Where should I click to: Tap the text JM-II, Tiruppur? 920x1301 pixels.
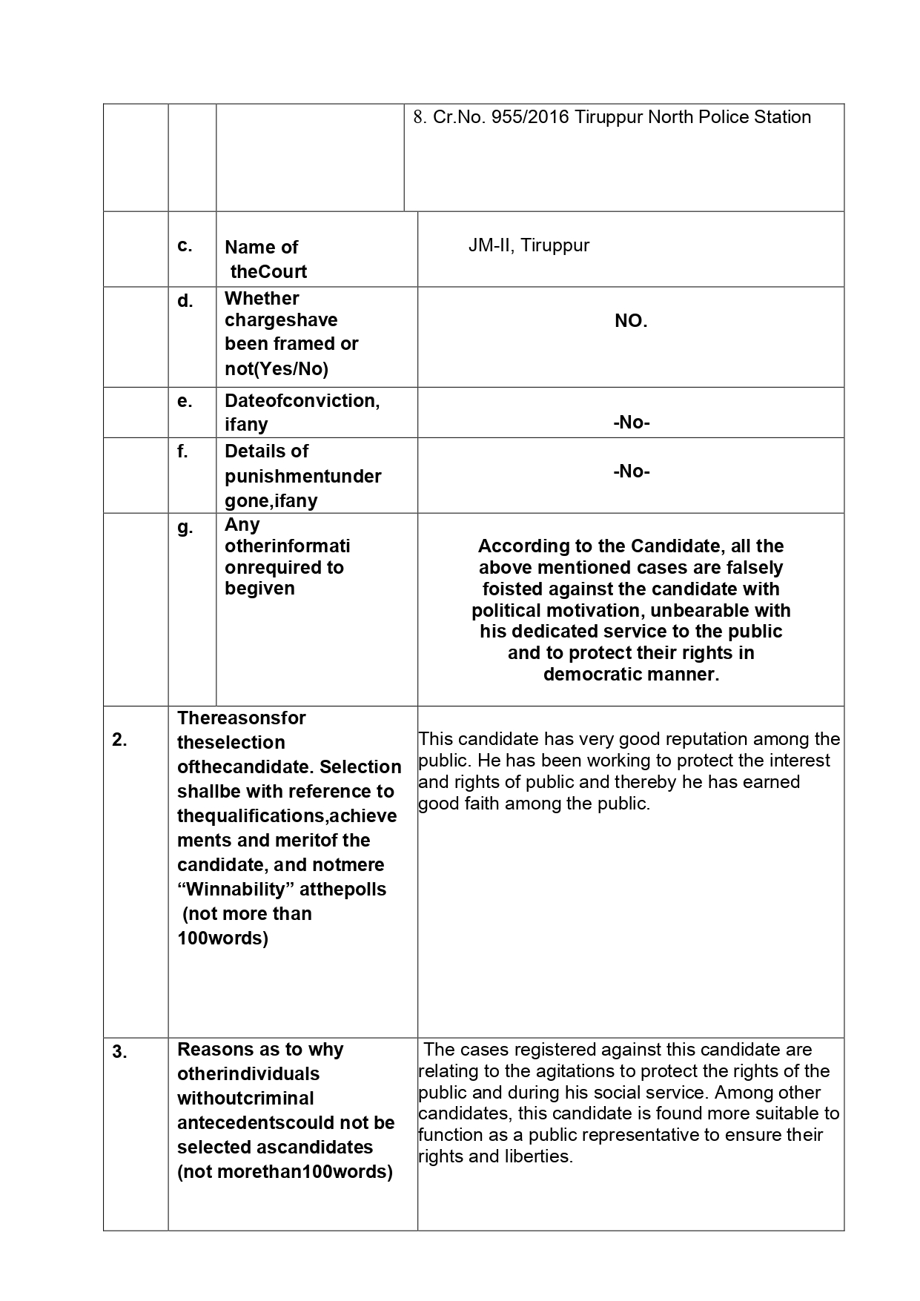point(529,245)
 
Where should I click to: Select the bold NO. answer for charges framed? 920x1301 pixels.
point(631,321)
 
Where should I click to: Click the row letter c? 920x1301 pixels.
point(185,245)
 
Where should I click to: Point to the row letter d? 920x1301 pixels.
point(185,301)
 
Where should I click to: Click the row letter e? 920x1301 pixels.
point(185,401)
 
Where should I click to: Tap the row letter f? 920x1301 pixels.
point(182,451)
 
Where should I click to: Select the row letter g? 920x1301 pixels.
point(185,527)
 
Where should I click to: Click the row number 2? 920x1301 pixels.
point(119,739)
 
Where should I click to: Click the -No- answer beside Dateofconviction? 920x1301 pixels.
point(631,423)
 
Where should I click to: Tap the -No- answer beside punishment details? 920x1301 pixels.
point(631,471)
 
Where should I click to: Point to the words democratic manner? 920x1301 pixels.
point(631,675)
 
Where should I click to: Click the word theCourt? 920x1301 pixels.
point(268,271)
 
